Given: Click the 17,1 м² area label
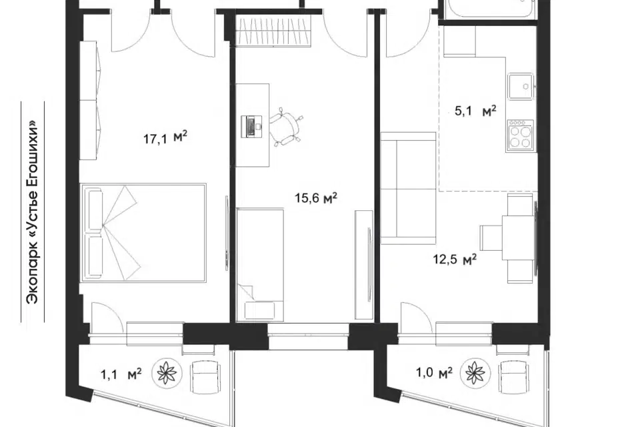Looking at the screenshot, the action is (x=165, y=137).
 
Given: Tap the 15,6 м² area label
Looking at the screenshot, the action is (x=316, y=199).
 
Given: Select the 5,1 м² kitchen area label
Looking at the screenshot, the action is (x=475, y=111).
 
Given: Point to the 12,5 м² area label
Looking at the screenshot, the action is (x=455, y=259).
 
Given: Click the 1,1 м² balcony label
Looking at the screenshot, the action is (x=121, y=373).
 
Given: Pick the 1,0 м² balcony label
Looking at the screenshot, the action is (x=434, y=372).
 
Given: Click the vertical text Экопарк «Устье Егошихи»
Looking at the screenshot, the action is (x=32, y=211).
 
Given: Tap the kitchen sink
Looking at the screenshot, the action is (x=521, y=86).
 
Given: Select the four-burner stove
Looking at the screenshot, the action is (x=520, y=135).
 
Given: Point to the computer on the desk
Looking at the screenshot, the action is (x=251, y=126).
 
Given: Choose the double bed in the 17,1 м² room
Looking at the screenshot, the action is (x=143, y=232).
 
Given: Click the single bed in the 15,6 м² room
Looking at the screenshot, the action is (x=260, y=264).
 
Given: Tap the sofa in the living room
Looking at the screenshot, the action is (x=409, y=188).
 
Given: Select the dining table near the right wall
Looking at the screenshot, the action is (x=517, y=238).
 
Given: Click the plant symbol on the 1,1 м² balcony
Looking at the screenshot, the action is (x=167, y=373).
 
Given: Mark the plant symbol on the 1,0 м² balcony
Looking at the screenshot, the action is (x=475, y=373).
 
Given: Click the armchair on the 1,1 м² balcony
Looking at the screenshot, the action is (x=204, y=376).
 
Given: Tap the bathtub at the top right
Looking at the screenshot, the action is (x=490, y=9).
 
